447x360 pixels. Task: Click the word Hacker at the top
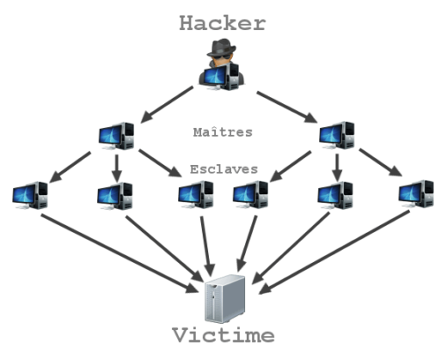click(x=223, y=23)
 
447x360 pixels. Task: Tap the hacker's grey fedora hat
click(x=222, y=47)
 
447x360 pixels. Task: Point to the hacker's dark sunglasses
click(x=222, y=58)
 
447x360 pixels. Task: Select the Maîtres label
click(x=223, y=132)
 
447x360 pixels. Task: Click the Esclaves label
click(x=223, y=169)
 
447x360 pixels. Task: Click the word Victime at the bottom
click(x=223, y=335)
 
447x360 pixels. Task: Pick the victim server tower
click(x=225, y=298)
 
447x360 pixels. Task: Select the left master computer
click(x=116, y=136)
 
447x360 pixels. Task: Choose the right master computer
click(x=337, y=135)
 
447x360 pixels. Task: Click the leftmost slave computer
click(x=30, y=195)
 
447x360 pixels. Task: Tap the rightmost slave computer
click(x=416, y=194)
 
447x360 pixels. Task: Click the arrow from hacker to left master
click(x=167, y=105)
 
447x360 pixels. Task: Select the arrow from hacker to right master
click(x=287, y=107)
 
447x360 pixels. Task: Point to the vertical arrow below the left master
click(x=117, y=168)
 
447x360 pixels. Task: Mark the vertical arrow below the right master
click(x=337, y=168)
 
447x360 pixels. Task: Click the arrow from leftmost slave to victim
click(x=119, y=253)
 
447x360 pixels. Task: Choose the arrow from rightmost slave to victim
click(x=334, y=253)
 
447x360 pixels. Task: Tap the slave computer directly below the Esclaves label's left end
click(x=196, y=194)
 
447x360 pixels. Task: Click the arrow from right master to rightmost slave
click(x=381, y=162)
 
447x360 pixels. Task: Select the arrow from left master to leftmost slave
click(x=70, y=167)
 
